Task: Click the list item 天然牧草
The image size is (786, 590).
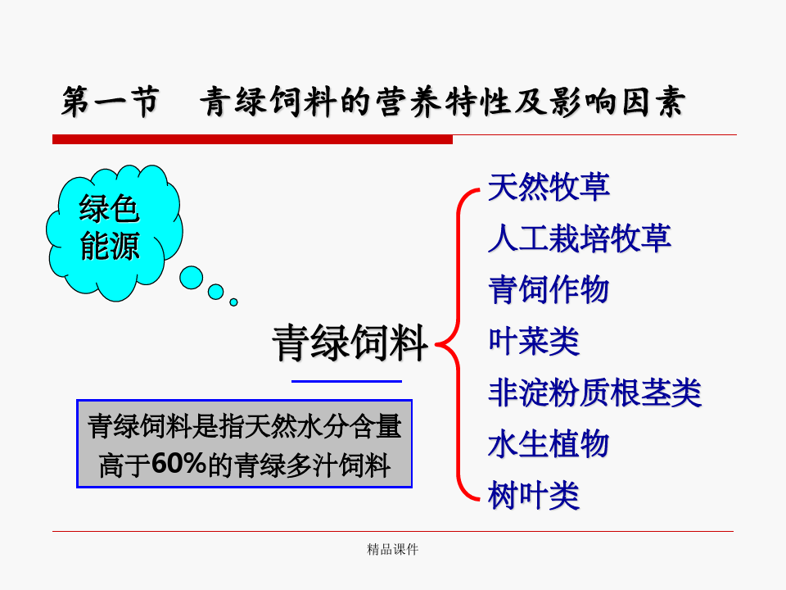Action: pyautogui.click(x=549, y=187)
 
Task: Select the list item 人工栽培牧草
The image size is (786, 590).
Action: pyautogui.click(x=580, y=238)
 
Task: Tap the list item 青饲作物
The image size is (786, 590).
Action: pyautogui.click(x=549, y=289)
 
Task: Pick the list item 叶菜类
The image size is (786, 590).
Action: pyautogui.click(x=533, y=341)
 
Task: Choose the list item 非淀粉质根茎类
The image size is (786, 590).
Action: pyautogui.click(x=594, y=393)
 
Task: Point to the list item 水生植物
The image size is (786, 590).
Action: pyautogui.click(x=549, y=444)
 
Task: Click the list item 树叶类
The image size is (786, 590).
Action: pyautogui.click(x=533, y=495)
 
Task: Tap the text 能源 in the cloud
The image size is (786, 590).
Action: pyautogui.click(x=110, y=246)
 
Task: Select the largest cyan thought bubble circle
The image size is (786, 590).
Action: pyautogui.click(x=191, y=278)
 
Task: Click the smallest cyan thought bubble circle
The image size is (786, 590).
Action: pyautogui.click(x=233, y=302)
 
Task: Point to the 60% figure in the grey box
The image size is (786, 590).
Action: pyautogui.click(x=179, y=463)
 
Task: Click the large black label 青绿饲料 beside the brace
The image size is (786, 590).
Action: pyautogui.click(x=350, y=343)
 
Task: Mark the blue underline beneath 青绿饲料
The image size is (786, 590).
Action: pyautogui.click(x=347, y=381)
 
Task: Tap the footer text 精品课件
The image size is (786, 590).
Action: pyautogui.click(x=392, y=549)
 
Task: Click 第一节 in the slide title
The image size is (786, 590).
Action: pyautogui.click(x=111, y=102)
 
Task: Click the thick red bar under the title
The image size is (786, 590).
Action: pyautogui.click(x=253, y=139)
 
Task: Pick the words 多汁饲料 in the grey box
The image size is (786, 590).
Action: pyautogui.click(x=338, y=465)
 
